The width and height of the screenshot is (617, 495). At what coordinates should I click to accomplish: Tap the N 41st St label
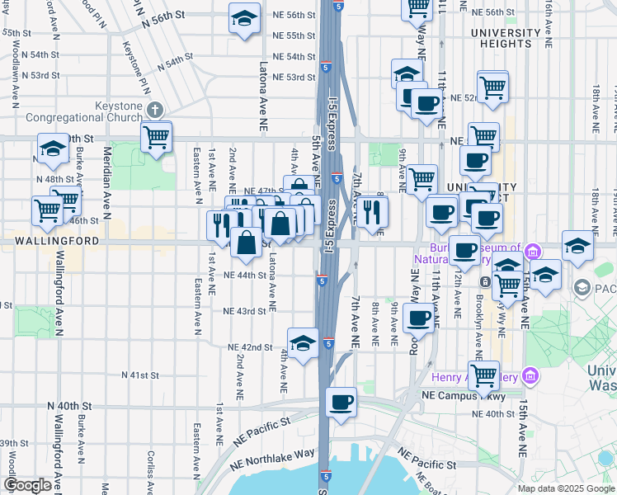(x=139, y=375)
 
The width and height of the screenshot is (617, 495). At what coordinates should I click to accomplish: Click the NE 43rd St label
(x=245, y=311)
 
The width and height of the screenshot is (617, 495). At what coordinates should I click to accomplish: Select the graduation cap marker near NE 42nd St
(x=303, y=342)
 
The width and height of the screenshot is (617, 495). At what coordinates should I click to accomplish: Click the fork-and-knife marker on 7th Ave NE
(x=372, y=211)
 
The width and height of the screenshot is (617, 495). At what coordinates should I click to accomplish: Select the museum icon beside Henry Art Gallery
(x=530, y=378)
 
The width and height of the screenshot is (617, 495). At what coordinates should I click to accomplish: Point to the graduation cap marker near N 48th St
(x=53, y=148)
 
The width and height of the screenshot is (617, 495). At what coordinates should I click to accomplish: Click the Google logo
(x=27, y=485)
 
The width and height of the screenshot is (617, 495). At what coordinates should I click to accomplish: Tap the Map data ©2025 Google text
(x=565, y=488)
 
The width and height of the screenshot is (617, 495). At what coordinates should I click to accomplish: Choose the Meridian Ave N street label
(x=106, y=177)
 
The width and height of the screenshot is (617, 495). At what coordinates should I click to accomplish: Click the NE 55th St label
(x=293, y=36)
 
